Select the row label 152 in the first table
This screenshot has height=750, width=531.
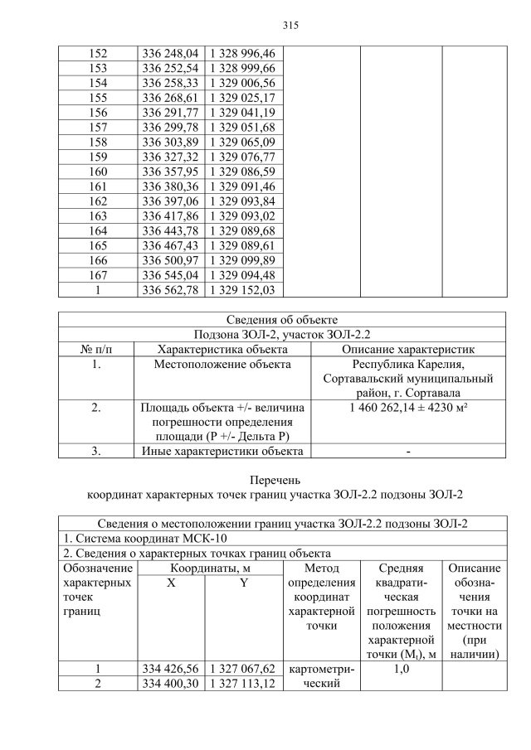(x=97, y=53)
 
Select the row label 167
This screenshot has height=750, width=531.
(x=97, y=275)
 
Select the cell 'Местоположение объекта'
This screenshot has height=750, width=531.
(x=222, y=364)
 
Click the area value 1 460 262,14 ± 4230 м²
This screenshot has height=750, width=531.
(x=408, y=408)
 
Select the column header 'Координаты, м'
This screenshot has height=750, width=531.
(x=210, y=569)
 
